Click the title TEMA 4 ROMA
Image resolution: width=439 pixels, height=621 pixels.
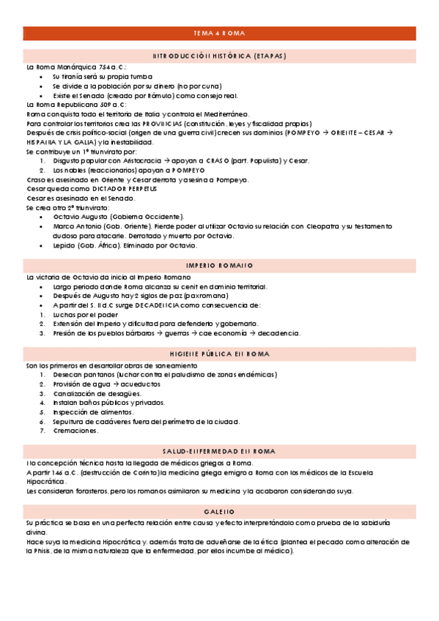[x=219, y=34]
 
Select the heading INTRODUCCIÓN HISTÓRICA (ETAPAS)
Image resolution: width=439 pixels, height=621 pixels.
[x=219, y=56]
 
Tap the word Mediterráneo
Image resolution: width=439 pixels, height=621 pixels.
[x=226, y=114]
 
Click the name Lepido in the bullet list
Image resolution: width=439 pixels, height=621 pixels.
[x=64, y=245]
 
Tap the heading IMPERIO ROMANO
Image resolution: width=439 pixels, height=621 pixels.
[x=219, y=265]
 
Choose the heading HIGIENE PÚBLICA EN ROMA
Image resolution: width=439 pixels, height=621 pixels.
[x=219, y=354]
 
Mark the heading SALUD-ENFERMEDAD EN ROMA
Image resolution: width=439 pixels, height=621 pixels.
[x=219, y=450]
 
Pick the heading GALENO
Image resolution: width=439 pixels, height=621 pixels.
[x=219, y=510]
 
